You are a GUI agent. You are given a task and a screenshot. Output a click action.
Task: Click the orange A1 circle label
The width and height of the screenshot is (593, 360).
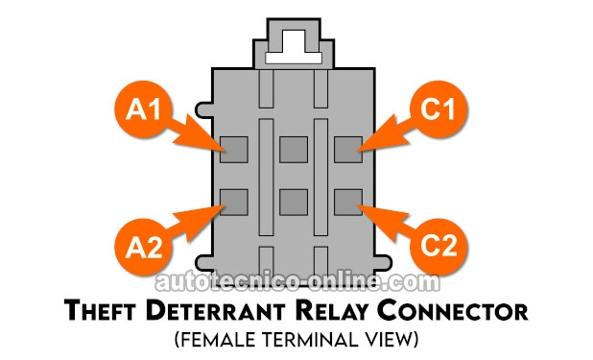(x=143, y=109)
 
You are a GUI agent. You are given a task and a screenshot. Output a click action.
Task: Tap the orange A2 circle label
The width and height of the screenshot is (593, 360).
(x=143, y=247)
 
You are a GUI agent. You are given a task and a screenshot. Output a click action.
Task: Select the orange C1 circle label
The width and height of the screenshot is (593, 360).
(x=439, y=109)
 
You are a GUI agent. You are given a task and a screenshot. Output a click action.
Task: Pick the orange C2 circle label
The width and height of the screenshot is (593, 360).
(x=439, y=247)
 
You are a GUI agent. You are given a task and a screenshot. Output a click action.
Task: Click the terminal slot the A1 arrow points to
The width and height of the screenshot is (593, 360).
(x=234, y=150)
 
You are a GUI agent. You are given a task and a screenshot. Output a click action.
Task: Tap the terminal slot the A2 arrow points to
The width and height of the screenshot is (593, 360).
(x=234, y=203)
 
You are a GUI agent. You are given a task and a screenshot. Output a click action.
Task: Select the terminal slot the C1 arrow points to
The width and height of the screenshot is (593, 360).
(x=348, y=150)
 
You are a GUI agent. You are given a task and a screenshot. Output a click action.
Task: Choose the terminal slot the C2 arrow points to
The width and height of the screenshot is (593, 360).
(x=348, y=203)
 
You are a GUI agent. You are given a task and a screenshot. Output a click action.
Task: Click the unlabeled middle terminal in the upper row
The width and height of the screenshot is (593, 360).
(x=294, y=150)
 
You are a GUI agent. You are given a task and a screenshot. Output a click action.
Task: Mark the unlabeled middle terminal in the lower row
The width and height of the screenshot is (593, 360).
(x=294, y=203)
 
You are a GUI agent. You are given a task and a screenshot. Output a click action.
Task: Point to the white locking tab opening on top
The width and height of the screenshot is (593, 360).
(x=294, y=57)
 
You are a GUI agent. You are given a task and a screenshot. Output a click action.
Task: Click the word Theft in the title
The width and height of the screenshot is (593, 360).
(x=100, y=311)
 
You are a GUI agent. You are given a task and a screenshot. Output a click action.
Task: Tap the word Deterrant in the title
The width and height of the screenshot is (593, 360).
(x=215, y=311)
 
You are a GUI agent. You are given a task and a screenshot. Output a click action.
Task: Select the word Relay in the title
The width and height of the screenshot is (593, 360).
(x=331, y=312)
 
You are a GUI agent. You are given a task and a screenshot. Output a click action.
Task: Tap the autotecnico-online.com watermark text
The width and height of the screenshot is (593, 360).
(x=297, y=282)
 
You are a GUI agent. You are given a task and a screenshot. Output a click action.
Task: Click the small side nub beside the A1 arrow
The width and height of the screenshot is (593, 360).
(x=203, y=109)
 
